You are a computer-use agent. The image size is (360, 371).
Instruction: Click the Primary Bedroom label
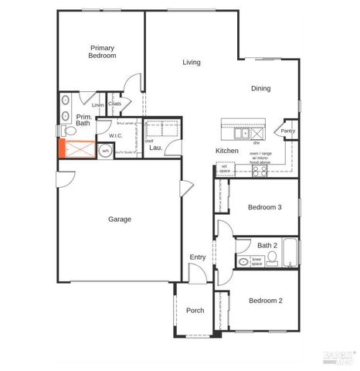tap(102, 52)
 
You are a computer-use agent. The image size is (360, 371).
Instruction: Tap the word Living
tap(191, 63)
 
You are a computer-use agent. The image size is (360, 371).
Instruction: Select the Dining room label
tap(260, 88)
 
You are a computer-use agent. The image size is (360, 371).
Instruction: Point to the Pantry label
tap(287, 131)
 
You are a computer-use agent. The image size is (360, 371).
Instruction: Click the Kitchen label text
tap(226, 150)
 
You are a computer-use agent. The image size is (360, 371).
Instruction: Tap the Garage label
tap(119, 220)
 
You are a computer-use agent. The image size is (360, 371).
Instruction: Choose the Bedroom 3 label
tap(264, 207)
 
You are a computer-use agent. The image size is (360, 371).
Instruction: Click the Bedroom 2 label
tap(264, 301)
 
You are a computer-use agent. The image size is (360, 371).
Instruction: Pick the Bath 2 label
tap(267, 246)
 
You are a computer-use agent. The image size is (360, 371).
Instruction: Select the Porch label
tap(195, 311)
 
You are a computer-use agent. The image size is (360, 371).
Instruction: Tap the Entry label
tap(197, 257)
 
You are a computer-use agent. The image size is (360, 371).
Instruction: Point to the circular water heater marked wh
tap(105, 151)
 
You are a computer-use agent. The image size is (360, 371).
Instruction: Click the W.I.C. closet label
tap(116, 136)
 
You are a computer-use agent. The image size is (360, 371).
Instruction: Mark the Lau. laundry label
tap(155, 147)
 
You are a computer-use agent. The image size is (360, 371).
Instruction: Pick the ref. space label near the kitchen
tap(224, 168)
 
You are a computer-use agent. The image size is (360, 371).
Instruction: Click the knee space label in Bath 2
tap(257, 262)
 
